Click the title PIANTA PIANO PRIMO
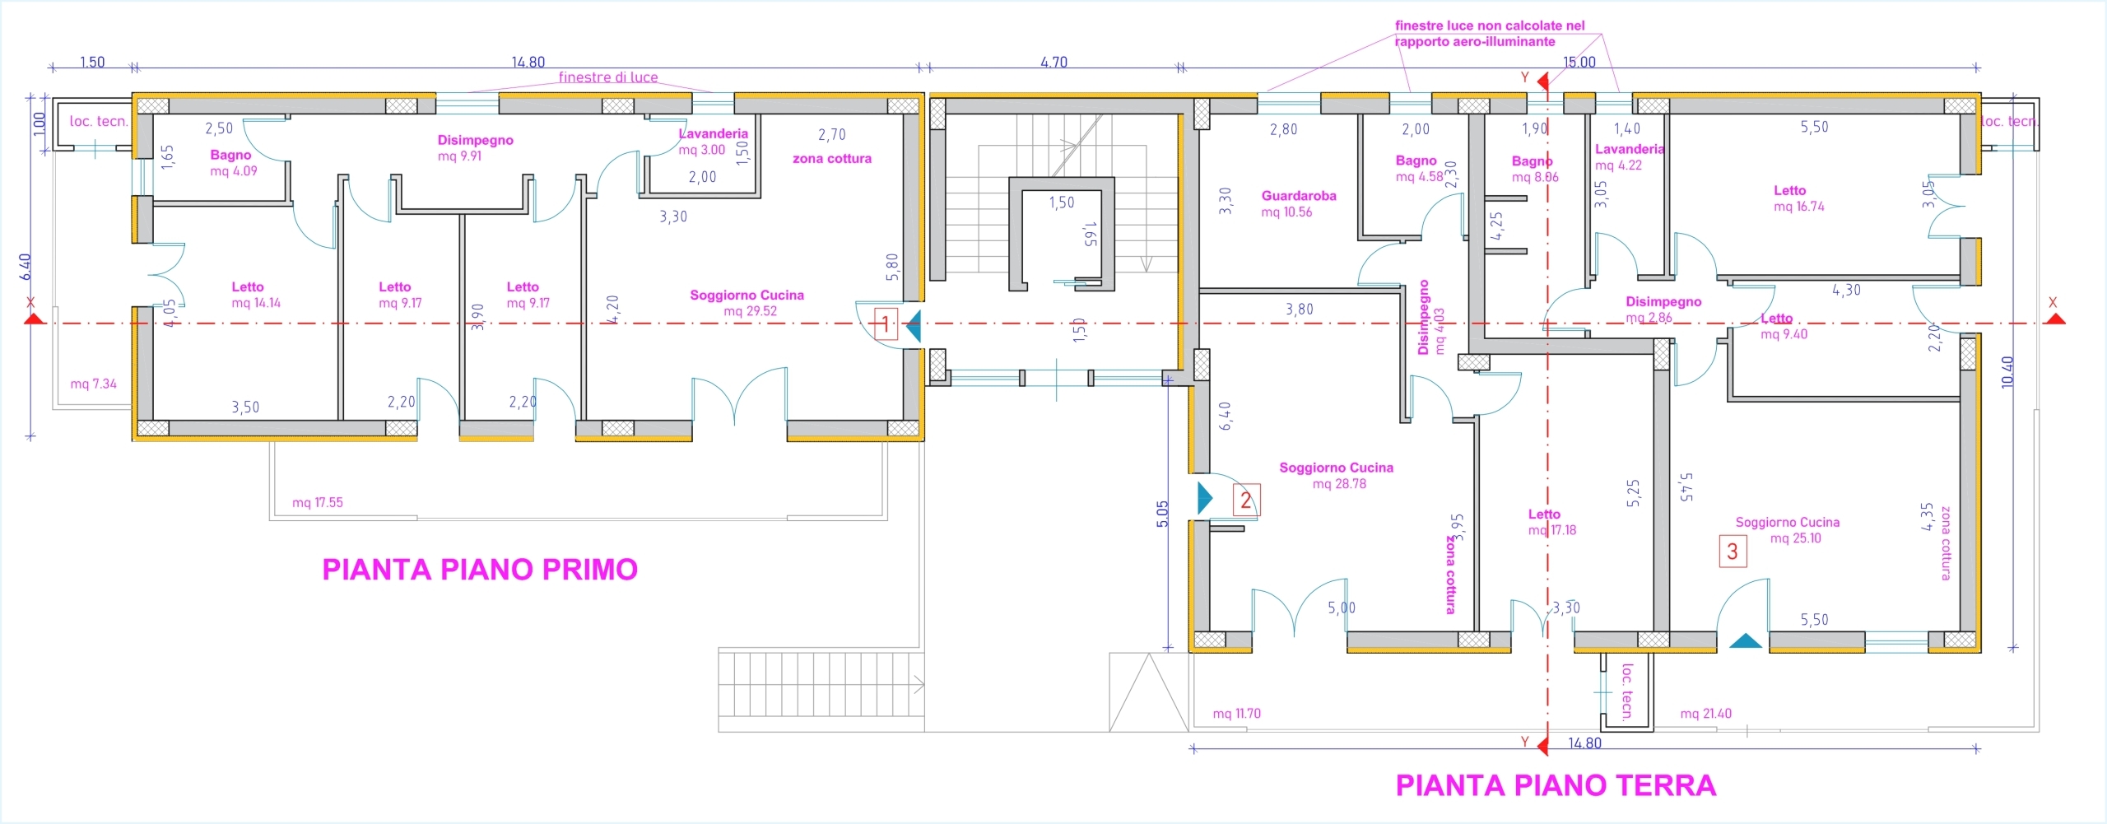coord(480,570)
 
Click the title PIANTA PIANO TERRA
coord(1556,785)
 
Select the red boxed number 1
coord(885,324)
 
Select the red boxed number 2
coord(1245,500)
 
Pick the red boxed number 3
coord(1733,551)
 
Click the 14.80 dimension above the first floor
coord(528,63)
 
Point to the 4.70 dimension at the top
coord(1053,63)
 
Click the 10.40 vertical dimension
coord(2007,372)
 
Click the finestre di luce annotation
coord(608,77)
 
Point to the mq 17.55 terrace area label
coord(318,502)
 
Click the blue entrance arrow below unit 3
coord(1746,640)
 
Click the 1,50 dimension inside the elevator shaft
coord(1062,203)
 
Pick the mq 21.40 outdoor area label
coord(1705,714)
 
